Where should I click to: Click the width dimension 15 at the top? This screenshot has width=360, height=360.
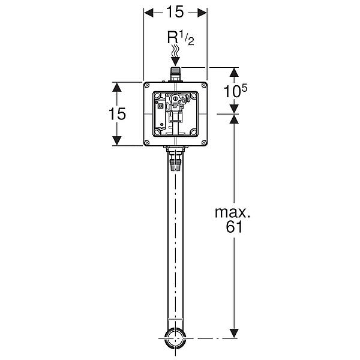175,12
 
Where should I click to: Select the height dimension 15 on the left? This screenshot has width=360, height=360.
117,113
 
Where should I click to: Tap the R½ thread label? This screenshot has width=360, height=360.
181,38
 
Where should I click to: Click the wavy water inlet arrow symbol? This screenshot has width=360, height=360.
176,56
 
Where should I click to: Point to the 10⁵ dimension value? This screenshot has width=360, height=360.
235,91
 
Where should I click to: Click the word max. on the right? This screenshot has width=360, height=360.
232,212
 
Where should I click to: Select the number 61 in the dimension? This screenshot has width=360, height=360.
234,227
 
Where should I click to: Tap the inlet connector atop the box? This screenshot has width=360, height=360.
176,74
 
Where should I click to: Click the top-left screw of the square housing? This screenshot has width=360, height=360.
147,86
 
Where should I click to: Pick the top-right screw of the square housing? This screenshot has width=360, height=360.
204,86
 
